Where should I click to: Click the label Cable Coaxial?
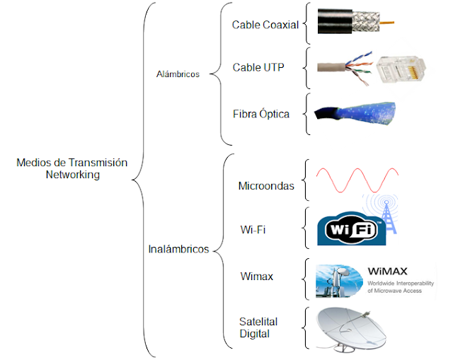coord(265,25)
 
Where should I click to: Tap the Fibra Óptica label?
coord(261,114)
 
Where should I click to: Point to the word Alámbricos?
coord(178,73)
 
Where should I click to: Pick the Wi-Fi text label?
coord(253,229)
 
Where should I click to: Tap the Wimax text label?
coord(256,276)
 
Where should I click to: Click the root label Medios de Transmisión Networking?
coord(72,168)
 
